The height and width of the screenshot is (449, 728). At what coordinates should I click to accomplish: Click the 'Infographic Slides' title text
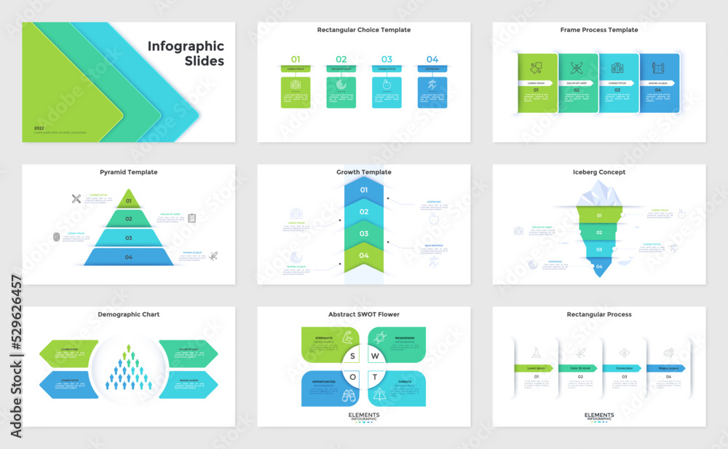(186, 53)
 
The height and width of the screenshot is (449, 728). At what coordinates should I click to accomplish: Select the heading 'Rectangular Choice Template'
(363, 30)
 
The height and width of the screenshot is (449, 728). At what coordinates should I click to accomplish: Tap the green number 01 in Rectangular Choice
(296, 59)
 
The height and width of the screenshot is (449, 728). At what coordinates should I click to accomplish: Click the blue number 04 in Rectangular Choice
(432, 59)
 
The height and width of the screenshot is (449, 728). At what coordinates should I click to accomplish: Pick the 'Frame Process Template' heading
(598, 30)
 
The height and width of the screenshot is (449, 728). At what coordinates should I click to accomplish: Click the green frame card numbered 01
(537, 83)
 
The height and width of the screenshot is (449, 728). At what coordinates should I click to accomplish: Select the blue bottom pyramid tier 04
(129, 257)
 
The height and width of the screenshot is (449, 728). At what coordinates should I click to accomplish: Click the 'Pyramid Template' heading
(128, 172)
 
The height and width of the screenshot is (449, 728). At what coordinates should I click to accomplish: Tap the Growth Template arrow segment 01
(363, 190)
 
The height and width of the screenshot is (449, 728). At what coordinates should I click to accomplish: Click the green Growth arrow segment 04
(363, 255)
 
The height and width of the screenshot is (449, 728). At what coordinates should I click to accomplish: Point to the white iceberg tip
(598, 193)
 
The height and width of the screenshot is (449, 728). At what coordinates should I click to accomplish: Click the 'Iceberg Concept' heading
(598, 172)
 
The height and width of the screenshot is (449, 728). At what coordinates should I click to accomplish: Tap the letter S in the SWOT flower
(352, 356)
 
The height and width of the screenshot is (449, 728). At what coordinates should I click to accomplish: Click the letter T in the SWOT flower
(374, 377)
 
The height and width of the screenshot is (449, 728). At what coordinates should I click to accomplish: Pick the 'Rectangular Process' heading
(598, 314)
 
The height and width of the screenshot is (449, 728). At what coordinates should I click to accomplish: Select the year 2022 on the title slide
(39, 128)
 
